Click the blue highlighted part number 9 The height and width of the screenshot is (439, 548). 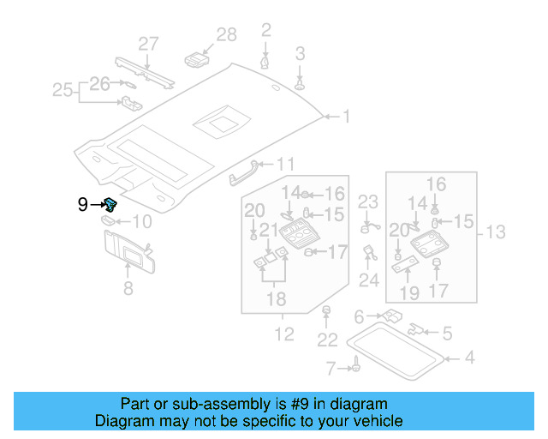pyautogui.click(x=111, y=204)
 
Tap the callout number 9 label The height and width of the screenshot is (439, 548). pyautogui.click(x=83, y=204)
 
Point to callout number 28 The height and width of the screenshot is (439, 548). pyautogui.click(x=226, y=35)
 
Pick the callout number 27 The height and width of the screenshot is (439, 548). pyautogui.click(x=149, y=44)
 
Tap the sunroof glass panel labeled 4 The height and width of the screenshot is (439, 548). pyautogui.click(x=399, y=351)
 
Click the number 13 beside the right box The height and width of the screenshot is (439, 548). pyautogui.click(x=496, y=232)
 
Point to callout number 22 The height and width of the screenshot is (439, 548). pyautogui.click(x=327, y=340)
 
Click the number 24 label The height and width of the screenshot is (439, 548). pyautogui.click(x=369, y=280)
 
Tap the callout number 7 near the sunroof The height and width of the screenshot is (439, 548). pyautogui.click(x=331, y=369)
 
